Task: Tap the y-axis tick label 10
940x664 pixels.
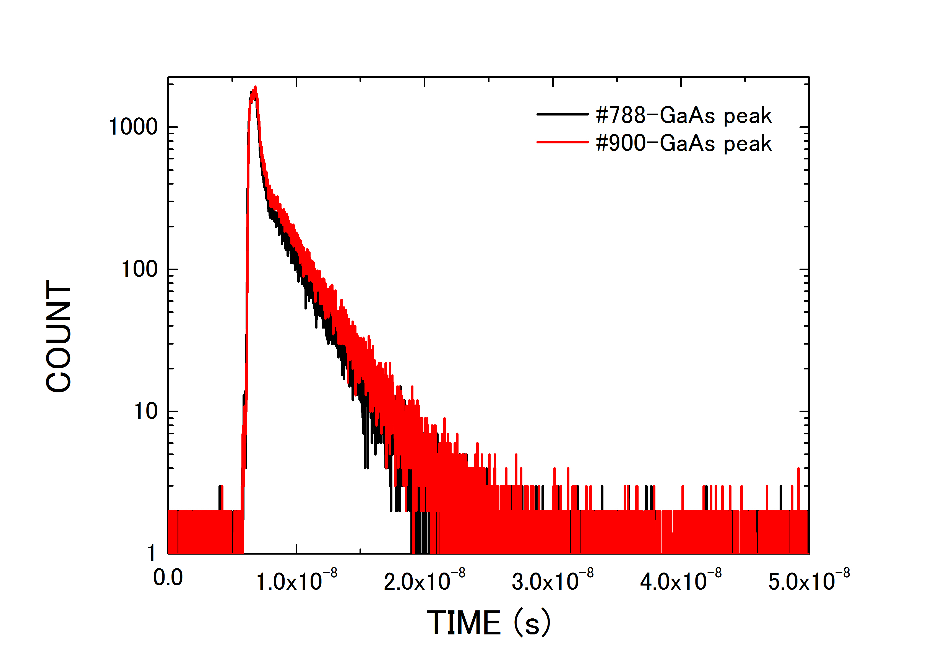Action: [x=146, y=411]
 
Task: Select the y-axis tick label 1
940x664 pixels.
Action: [x=152, y=553]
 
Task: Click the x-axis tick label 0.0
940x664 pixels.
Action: [x=168, y=578]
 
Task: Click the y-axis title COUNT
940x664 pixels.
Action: [x=59, y=336]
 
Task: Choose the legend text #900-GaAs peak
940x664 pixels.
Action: [x=684, y=143]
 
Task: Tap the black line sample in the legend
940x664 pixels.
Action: [x=563, y=114]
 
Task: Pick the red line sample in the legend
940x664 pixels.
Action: [x=563, y=142]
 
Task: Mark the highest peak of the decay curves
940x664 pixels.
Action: [x=255, y=88]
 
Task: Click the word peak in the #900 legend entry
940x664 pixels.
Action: [x=748, y=144]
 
